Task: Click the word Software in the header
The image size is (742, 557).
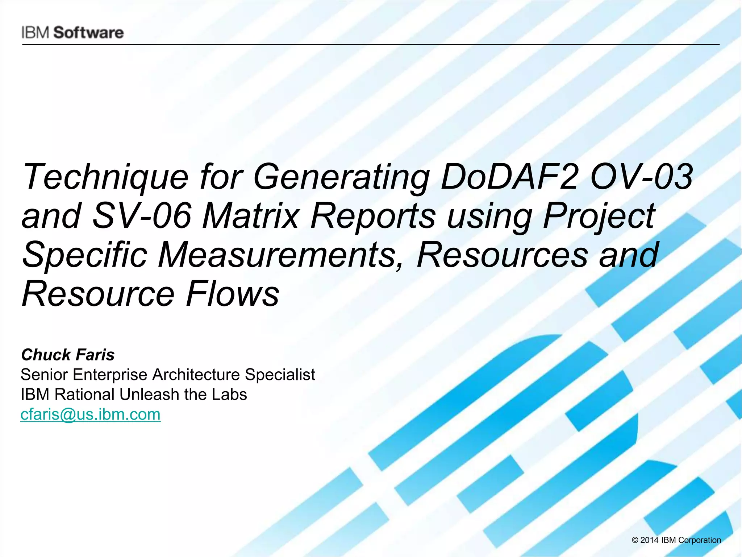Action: tap(89, 33)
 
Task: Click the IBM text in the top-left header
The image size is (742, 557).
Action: tap(36, 33)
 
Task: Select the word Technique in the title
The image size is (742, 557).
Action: tap(105, 177)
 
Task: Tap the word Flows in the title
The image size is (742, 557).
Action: tap(232, 293)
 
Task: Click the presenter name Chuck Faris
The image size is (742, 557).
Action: tap(68, 355)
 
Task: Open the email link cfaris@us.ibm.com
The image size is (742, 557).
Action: tap(91, 414)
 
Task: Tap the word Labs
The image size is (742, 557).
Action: tap(229, 394)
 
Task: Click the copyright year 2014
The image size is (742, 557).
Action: tap(649, 540)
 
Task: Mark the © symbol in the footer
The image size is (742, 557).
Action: tap(635, 540)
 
